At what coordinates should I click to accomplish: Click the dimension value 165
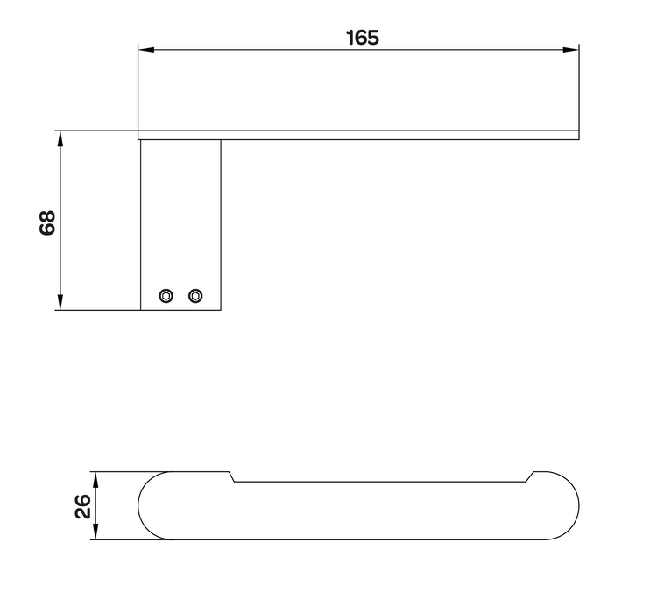363,38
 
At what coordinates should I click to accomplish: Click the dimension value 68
47,223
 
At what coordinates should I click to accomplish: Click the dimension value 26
83,505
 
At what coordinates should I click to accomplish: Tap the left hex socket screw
166,296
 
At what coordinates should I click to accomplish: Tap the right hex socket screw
195,296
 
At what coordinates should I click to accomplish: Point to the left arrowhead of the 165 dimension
146,50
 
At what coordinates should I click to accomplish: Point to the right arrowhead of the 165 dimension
571,50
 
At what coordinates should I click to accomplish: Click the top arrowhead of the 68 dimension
60,139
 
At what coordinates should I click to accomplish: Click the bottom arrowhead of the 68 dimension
60,302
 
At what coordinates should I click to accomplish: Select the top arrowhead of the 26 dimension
95,480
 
